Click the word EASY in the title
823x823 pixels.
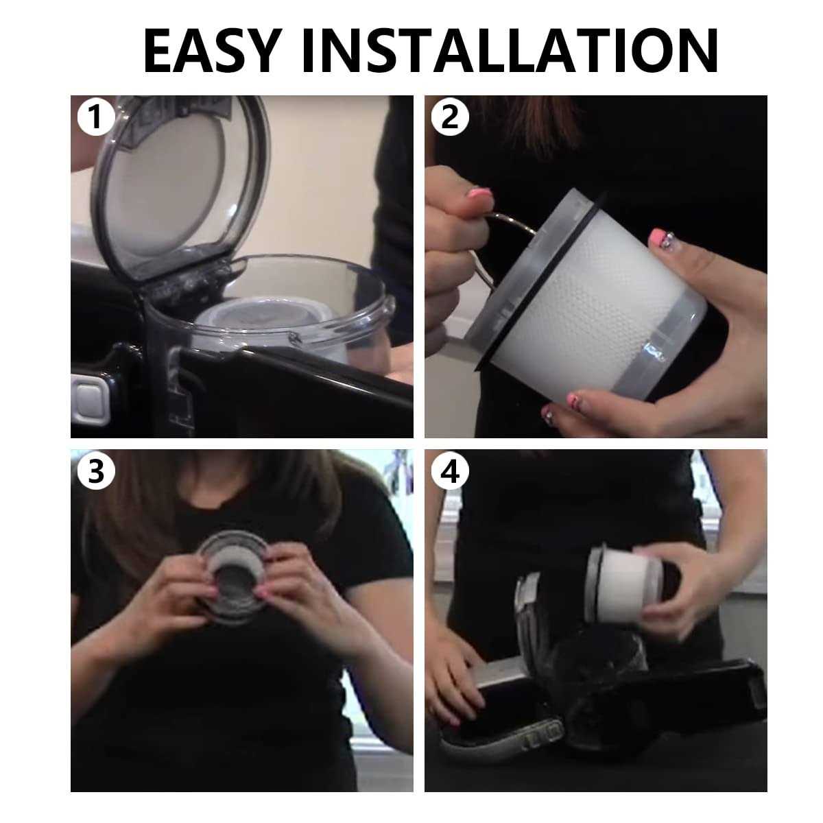coord(212,51)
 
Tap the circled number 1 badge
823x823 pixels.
coord(95,117)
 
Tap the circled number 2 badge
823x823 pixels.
coord(449,117)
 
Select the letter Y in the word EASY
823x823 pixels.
coord(260,51)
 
